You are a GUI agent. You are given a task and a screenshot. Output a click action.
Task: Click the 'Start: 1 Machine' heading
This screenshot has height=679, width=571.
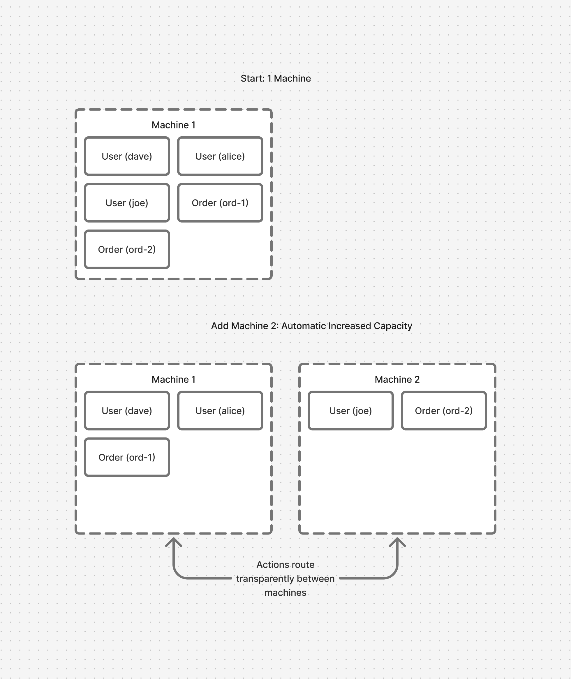pyautogui.click(x=276, y=78)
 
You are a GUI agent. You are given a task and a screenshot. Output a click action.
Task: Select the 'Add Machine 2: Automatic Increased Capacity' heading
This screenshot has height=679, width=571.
pyautogui.click(x=311, y=326)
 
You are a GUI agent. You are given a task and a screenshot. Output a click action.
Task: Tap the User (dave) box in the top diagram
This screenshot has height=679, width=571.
pyautogui.click(x=127, y=156)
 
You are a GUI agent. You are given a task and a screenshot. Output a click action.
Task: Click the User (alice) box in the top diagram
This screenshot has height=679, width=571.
pyautogui.click(x=220, y=156)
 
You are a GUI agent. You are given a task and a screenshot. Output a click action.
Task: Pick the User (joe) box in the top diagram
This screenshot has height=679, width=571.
pyautogui.click(x=127, y=203)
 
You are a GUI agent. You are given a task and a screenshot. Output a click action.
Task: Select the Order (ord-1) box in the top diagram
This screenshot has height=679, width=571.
pyautogui.click(x=220, y=203)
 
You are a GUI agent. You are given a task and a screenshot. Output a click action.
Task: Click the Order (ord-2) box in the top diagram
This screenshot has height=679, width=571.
pyautogui.click(x=127, y=250)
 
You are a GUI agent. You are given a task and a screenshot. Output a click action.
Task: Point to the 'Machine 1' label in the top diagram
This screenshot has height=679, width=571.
pyautogui.click(x=174, y=125)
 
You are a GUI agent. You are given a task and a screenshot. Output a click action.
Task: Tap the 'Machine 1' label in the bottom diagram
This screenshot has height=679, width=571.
pyautogui.click(x=174, y=379)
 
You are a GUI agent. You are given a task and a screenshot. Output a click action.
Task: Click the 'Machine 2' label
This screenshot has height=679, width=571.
pyautogui.click(x=397, y=379)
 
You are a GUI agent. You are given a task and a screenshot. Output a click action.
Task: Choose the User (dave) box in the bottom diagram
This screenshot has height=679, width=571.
pyautogui.click(x=127, y=411)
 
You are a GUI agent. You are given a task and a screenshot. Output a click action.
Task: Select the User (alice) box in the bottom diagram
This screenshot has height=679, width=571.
pyautogui.click(x=220, y=411)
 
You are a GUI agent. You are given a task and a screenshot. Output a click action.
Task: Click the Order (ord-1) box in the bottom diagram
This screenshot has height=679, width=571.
pyautogui.click(x=127, y=457)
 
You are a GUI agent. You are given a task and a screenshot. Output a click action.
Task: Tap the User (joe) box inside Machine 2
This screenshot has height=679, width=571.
pyautogui.click(x=350, y=411)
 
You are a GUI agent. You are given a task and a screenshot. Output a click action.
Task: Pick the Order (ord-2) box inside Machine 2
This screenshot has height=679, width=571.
pyautogui.click(x=444, y=411)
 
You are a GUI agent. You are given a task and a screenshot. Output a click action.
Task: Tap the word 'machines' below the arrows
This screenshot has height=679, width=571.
pyautogui.click(x=285, y=592)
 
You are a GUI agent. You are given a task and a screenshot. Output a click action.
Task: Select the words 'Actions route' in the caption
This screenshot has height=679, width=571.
pyautogui.click(x=285, y=565)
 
